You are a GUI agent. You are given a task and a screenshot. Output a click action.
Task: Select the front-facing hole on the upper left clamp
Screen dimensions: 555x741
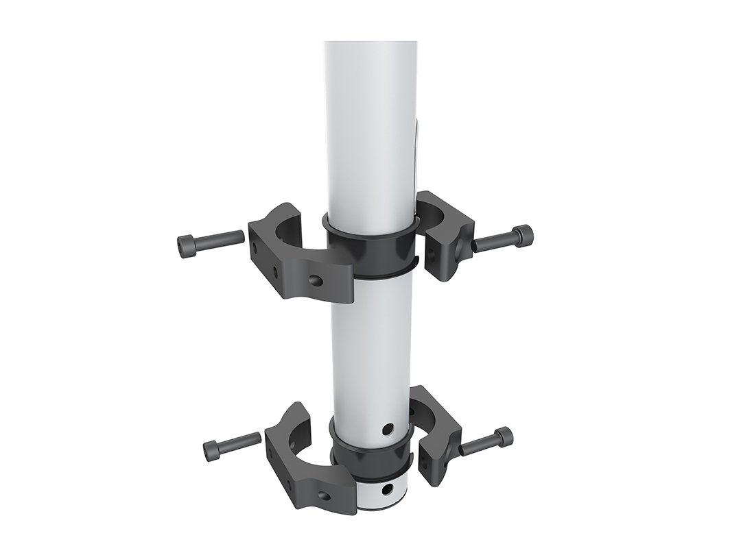tap(315, 280)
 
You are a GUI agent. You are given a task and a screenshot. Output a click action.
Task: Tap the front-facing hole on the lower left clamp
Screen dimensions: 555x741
tap(323, 495)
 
